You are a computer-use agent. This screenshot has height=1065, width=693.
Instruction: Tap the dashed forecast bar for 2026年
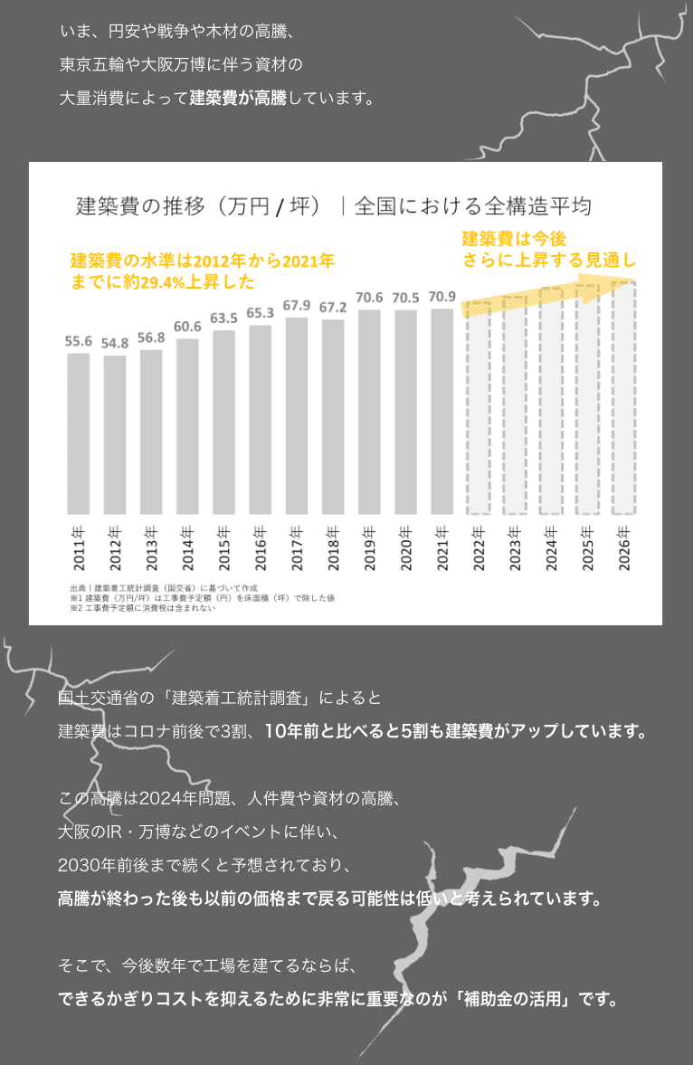point(624,398)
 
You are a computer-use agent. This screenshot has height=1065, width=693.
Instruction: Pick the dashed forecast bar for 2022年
point(479,407)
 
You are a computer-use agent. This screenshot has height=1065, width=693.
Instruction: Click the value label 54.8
point(115,344)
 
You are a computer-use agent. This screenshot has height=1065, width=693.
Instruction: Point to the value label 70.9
point(442,297)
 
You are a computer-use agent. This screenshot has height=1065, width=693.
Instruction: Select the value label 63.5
point(223,319)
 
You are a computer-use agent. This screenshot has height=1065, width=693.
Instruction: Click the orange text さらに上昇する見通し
point(550,261)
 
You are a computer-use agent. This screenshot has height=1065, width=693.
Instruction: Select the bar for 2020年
point(405,412)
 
